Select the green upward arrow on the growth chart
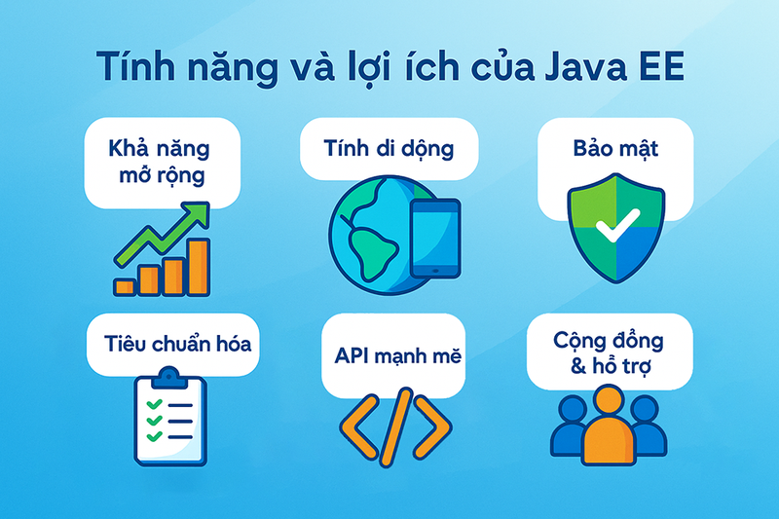pyautogui.click(x=166, y=235)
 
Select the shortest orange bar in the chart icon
pyautogui.click(x=125, y=286)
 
